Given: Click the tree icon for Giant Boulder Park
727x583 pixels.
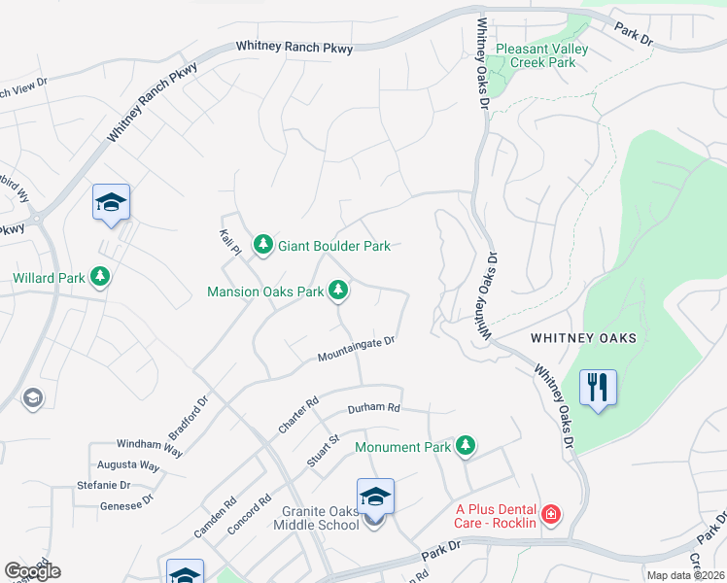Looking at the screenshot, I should click(x=262, y=246).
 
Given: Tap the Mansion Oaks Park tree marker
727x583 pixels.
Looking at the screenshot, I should click(x=338, y=290).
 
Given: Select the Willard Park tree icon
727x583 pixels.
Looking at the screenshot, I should click(x=99, y=278).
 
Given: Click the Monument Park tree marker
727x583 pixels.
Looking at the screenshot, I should click(x=467, y=446).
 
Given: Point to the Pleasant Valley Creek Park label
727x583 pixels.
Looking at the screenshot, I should click(x=541, y=55).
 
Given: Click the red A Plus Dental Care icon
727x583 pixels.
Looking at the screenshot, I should click(x=551, y=514).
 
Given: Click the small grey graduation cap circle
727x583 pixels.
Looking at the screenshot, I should click(x=33, y=397).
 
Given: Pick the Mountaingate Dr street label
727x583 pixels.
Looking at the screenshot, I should click(x=356, y=350).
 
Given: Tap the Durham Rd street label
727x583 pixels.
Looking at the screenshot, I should click(x=373, y=408).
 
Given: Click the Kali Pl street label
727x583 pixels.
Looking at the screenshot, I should click(x=229, y=244).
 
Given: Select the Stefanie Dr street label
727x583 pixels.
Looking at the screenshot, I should click(x=103, y=485).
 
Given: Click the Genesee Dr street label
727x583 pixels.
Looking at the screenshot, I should click(x=126, y=504).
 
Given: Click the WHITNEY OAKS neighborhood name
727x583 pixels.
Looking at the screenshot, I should click(x=583, y=338).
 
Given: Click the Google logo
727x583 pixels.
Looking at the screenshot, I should click(x=32, y=570).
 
